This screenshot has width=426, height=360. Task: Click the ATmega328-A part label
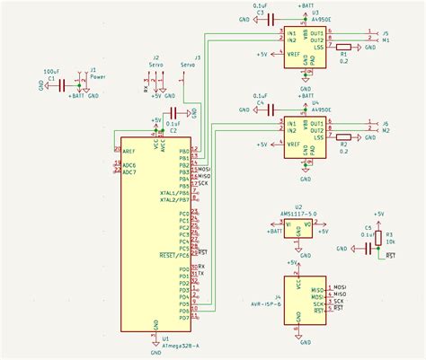pyautogui.click(x=179, y=345)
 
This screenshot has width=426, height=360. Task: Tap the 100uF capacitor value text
pyautogui.click(x=51, y=71)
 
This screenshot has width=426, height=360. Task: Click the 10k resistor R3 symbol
pyautogui.click(x=378, y=238)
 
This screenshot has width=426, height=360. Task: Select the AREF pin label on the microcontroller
pyautogui.click(x=130, y=152)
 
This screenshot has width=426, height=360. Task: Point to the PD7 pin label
pyautogui.click(x=183, y=318)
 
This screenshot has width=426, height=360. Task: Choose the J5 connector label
pyautogui.click(x=386, y=32)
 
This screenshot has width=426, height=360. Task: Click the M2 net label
pyautogui.click(x=386, y=129)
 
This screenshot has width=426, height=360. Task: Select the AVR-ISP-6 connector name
pyautogui.click(x=266, y=303)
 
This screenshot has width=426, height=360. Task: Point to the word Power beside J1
pyautogui.click(x=97, y=77)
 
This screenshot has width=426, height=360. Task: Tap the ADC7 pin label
pyautogui.click(x=130, y=171)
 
